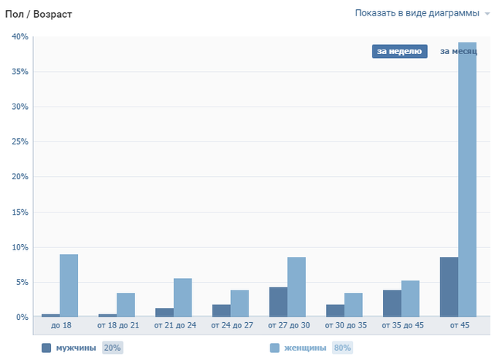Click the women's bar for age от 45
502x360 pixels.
point(467,179)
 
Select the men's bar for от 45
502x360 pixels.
point(449,287)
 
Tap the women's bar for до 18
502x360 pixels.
point(69,286)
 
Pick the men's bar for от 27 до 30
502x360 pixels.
point(278,302)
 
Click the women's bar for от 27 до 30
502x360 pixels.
point(297,287)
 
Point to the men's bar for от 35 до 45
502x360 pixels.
point(392,304)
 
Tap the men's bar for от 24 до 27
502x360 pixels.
point(222,311)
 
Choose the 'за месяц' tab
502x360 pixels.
point(458,52)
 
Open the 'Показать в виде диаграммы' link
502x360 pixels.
point(416,13)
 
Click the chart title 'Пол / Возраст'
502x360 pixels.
point(39,15)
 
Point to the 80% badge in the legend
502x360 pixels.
point(342,348)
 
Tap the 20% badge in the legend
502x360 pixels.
point(112,348)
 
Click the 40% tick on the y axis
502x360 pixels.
point(19,37)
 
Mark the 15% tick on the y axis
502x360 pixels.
point(19,212)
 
